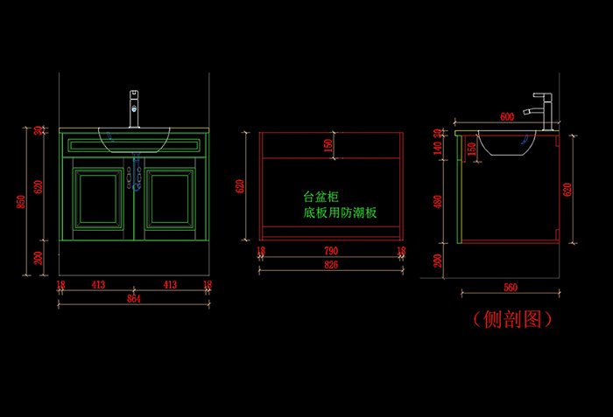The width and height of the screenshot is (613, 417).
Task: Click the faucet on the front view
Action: (x=134, y=108)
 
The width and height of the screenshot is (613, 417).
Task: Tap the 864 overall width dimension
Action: (x=134, y=298)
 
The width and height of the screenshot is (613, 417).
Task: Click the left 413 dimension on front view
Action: (x=98, y=285)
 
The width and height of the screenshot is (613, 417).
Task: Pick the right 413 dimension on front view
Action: (x=170, y=285)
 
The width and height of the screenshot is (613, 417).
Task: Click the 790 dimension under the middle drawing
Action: (x=331, y=251)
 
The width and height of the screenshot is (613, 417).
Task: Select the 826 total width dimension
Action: (x=331, y=263)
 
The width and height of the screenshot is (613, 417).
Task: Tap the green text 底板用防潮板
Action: (x=340, y=212)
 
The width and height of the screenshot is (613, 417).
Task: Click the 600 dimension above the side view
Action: (x=507, y=116)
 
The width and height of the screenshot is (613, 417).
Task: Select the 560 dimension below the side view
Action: (x=511, y=288)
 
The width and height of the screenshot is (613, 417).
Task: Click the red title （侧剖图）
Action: (x=512, y=319)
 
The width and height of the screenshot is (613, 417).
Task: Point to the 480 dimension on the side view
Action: (x=437, y=200)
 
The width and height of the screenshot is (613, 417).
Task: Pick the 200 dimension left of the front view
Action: (x=36, y=258)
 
